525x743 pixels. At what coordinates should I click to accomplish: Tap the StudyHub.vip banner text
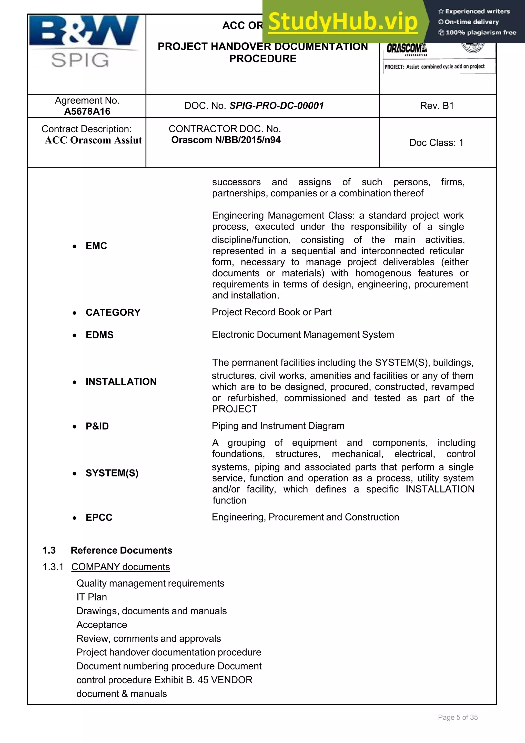(343, 22)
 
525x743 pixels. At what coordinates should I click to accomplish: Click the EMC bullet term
(96, 246)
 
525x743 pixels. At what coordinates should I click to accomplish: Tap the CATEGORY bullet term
(113, 312)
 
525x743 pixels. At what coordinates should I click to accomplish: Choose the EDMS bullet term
(99, 335)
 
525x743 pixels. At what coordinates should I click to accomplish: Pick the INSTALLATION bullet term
(121, 381)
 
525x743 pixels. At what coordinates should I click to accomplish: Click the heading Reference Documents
(121, 550)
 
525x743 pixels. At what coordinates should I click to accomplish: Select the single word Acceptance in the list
(102, 625)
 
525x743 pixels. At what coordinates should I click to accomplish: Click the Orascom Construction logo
(407, 49)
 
